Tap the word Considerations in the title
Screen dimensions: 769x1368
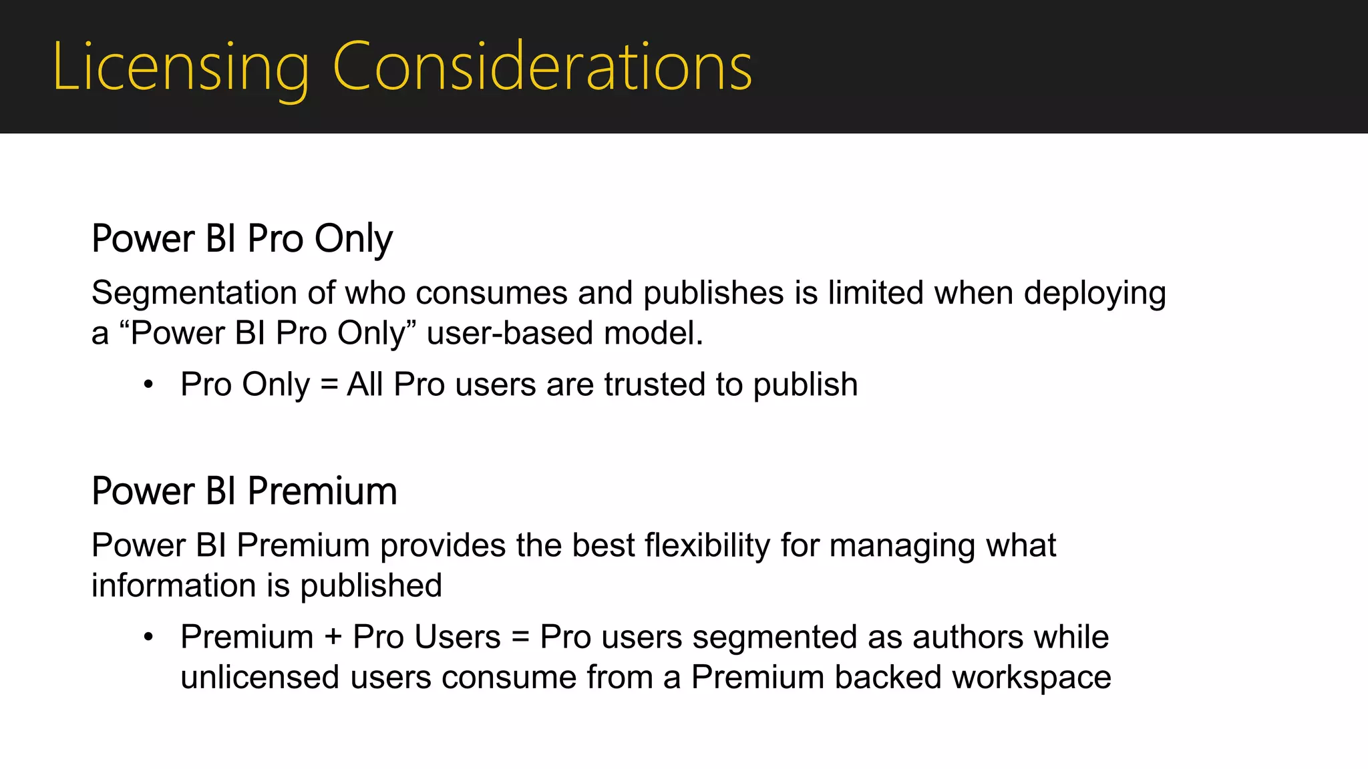coord(542,67)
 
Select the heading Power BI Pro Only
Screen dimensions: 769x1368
coord(242,239)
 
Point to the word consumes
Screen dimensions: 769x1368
coord(491,294)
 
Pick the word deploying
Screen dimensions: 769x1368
coord(1095,294)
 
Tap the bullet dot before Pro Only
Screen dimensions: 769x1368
coord(148,385)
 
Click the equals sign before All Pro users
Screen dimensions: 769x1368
coord(329,385)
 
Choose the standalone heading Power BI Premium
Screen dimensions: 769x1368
coord(244,491)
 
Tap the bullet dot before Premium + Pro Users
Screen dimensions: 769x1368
coord(148,637)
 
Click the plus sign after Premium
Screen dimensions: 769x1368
coord(333,637)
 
